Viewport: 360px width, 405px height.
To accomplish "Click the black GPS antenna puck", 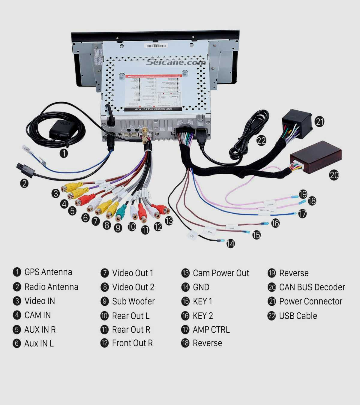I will point(64,130).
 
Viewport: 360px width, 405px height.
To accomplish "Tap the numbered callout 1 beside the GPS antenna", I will point(64,153).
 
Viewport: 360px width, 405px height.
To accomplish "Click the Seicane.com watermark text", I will point(176,62).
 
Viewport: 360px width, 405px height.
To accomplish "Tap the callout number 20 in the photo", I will point(334,175).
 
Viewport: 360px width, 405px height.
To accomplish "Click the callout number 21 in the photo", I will point(320,121).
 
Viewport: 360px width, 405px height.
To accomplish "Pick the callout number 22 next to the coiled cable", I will point(261,140).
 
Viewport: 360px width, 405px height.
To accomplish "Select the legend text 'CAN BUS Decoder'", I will point(312,287).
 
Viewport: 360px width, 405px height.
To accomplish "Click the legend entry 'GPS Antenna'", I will point(48,272).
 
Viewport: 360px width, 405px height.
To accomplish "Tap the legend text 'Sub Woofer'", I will point(133,301).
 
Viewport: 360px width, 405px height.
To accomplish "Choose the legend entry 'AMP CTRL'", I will point(211,330).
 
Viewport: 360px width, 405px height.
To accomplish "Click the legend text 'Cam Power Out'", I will point(221,273).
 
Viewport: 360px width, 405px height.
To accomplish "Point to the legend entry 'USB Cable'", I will point(298,316).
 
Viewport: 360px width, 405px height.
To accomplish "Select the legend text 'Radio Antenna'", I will point(51,287).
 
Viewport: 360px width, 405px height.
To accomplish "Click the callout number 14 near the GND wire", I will point(230,243).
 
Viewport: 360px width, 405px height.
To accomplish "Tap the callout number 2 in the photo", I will point(24,183).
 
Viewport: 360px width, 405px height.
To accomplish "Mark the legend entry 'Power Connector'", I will point(310,301).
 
